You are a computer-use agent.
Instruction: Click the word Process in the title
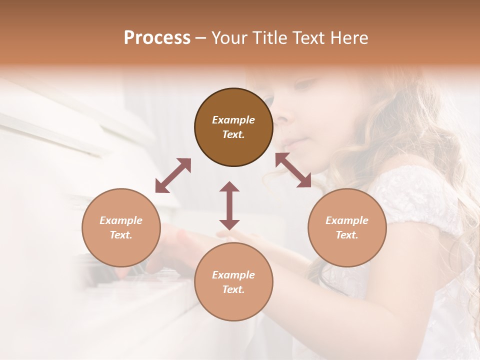[x=157, y=38]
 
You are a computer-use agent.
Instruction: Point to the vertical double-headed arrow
[x=229, y=205]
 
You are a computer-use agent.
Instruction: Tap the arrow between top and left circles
[x=173, y=175]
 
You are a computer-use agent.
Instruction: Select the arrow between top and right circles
[x=293, y=170]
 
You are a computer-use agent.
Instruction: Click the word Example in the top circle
[x=233, y=120]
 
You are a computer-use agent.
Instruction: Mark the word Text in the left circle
[x=121, y=235]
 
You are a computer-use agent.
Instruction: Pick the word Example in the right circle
[x=347, y=220]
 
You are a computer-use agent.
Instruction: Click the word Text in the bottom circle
[x=233, y=289]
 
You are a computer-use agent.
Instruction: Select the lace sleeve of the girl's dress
[x=415, y=195]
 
